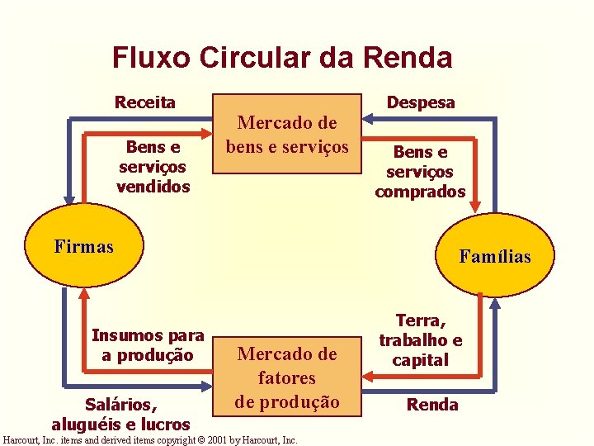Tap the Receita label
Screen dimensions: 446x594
(144, 102)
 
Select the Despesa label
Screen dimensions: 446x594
(421, 102)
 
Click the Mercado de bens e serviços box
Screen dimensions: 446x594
(287, 134)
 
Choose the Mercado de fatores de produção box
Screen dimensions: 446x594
(287, 377)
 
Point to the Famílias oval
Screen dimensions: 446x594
(495, 256)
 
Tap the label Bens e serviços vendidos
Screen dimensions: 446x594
(153, 167)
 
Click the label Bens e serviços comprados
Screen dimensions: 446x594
(421, 172)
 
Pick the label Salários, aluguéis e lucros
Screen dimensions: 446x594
(120, 414)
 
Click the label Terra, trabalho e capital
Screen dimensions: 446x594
(421, 339)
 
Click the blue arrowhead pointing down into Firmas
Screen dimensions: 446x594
(68, 197)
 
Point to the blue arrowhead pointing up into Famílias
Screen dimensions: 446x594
(495, 304)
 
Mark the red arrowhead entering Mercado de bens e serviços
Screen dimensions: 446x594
(207, 133)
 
